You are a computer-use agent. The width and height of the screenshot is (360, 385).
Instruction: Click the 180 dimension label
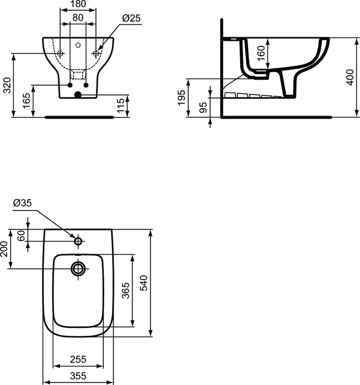coord(78,4)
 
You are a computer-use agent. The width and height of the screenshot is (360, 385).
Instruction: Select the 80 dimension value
coord(78,17)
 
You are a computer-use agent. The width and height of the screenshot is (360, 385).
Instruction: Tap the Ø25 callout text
coord(131,18)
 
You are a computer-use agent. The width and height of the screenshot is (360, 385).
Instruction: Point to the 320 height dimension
coord(8,85)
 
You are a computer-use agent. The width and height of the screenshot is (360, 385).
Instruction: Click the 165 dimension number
coord(27,100)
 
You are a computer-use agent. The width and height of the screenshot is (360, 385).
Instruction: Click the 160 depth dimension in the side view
coord(262,53)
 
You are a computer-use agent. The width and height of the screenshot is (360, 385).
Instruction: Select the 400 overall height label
coord(350,77)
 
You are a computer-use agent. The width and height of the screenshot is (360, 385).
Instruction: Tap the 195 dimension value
coord(182,98)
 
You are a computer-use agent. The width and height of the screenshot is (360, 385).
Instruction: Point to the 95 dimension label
coord(203,107)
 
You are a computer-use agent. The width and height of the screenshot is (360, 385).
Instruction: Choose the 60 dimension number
coord(21,235)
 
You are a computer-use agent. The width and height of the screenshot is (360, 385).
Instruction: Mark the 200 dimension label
coord(4,249)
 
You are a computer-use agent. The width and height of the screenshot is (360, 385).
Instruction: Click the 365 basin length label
coord(126,291)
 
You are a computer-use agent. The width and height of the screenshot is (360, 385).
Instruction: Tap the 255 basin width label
coord(78,359)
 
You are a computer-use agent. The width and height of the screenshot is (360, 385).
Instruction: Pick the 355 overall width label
coord(78,376)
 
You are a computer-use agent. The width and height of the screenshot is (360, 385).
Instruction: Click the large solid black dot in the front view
coord(78,95)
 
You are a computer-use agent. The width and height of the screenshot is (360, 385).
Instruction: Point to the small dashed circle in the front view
coord(78,45)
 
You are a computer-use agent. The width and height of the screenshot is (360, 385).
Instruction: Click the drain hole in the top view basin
coord(78,268)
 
